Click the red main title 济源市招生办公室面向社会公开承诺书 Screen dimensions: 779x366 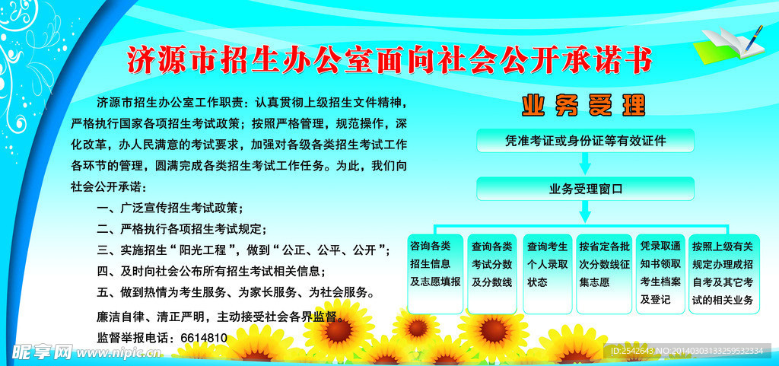[x=389, y=61]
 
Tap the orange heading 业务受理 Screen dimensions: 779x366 [x=583, y=105]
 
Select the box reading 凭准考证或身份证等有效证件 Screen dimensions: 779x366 [x=585, y=141]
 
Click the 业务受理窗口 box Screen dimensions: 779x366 [x=585, y=189]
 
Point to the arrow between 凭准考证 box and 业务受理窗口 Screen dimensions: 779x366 [x=585, y=164]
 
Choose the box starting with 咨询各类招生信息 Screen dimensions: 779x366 [x=435, y=274]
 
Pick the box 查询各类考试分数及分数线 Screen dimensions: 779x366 [x=492, y=274]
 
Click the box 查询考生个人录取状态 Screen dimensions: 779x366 [x=548, y=274]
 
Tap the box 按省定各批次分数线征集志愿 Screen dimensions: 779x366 [x=603, y=274]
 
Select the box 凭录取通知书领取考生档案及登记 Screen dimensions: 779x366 [x=660, y=274]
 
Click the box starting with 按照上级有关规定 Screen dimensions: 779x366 [x=724, y=274]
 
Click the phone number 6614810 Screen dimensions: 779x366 [x=204, y=338]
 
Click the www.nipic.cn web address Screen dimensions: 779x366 [x=119, y=353]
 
